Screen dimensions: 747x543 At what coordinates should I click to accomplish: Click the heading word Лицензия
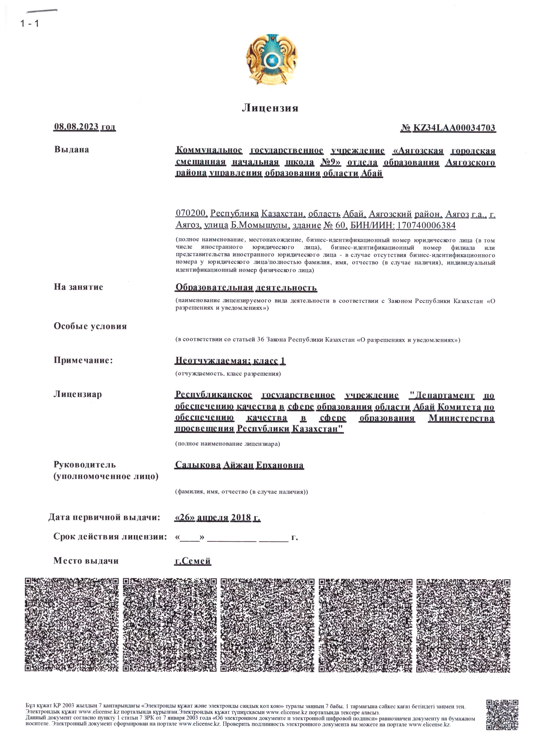click(x=270, y=108)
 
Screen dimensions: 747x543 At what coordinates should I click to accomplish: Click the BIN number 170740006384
click(x=426, y=225)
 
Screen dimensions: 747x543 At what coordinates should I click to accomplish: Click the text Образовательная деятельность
click(x=246, y=288)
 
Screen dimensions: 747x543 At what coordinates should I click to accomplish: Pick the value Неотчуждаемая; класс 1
click(x=230, y=361)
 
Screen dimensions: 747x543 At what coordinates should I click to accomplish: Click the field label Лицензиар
click(x=78, y=394)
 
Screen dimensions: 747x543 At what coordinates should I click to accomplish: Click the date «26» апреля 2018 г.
click(x=217, y=517)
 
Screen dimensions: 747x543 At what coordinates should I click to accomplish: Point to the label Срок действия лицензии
click(x=110, y=537)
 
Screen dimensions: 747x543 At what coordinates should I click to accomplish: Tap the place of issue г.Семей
click(x=193, y=561)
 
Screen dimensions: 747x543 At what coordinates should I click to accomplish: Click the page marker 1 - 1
click(x=29, y=24)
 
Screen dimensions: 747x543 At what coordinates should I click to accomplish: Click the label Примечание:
click(x=83, y=360)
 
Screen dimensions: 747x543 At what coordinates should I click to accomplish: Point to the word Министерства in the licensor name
click(x=461, y=418)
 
